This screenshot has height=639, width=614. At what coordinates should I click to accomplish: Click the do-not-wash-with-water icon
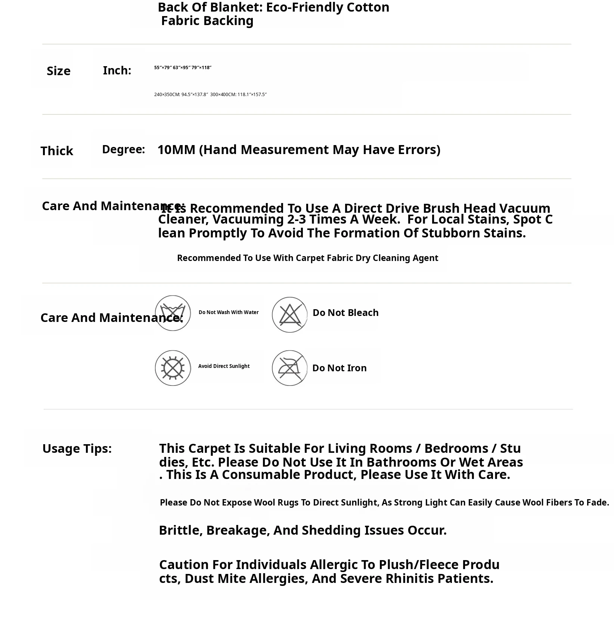click(173, 313)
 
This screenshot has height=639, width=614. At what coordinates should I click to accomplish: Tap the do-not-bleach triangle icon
click(289, 314)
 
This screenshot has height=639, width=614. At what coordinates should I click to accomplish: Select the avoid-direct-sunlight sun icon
click(173, 368)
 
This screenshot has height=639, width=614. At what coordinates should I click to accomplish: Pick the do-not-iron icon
click(289, 368)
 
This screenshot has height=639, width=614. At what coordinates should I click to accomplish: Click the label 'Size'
click(59, 71)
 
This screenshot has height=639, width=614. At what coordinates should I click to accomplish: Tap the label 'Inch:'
click(117, 70)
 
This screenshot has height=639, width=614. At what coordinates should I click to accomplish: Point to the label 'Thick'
click(57, 151)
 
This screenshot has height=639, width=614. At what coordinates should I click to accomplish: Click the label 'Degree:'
click(123, 149)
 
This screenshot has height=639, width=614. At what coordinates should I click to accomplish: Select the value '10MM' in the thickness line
click(176, 150)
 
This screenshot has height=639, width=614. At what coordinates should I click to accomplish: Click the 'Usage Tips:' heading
click(77, 448)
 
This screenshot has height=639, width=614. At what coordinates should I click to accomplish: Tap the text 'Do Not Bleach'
click(345, 313)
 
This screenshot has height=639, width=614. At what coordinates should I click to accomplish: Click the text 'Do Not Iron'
click(339, 368)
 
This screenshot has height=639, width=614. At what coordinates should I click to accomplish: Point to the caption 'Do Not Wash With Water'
click(229, 312)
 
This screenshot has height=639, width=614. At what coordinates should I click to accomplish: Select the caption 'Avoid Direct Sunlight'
click(224, 366)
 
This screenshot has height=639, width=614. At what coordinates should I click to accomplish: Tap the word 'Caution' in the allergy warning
click(184, 564)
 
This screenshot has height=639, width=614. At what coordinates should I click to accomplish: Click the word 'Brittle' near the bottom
click(180, 530)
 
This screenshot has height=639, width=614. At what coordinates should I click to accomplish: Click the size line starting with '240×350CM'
click(210, 95)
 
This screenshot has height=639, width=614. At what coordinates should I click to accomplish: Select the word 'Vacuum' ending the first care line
click(525, 208)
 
